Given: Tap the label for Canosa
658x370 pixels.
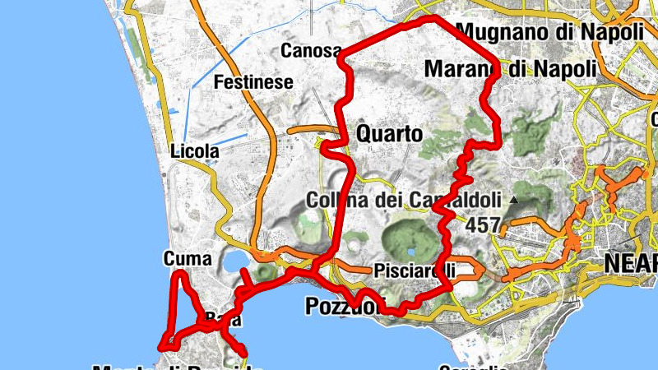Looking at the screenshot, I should [x=311, y=51].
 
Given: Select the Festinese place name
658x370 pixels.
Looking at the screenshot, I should [x=253, y=82].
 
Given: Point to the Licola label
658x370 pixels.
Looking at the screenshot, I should [x=194, y=151].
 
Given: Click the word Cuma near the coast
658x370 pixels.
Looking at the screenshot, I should [x=188, y=259].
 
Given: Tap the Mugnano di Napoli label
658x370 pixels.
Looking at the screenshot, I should [x=549, y=32].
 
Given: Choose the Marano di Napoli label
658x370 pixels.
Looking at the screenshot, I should [x=510, y=69].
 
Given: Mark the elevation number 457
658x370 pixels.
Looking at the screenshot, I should [x=483, y=224].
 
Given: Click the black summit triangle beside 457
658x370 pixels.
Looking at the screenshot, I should [x=514, y=200].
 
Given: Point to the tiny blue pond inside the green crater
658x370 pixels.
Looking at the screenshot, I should [x=410, y=252].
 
